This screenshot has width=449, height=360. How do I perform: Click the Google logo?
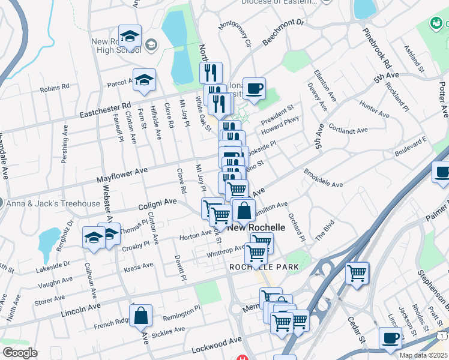20,353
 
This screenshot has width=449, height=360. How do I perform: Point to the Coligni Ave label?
158,204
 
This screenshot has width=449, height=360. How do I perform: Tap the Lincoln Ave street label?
81,309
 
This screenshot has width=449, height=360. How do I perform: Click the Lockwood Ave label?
217,344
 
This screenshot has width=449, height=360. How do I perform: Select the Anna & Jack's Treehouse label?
53,203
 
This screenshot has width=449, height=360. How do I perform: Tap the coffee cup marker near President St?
254,89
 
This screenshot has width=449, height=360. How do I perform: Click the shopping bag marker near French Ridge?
140,316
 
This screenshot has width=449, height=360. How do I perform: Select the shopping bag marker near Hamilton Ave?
244,210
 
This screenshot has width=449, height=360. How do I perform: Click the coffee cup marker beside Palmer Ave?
442,172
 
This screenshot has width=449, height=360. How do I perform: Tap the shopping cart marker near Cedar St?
357,274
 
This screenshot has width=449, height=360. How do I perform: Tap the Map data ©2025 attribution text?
423,355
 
